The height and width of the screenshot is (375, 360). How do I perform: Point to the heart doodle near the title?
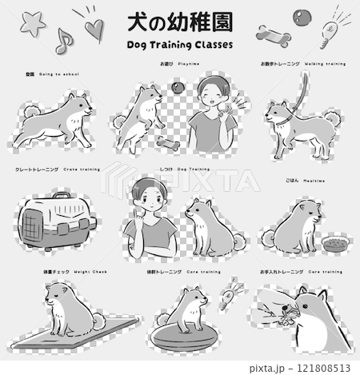pyautogui.click(x=94, y=30)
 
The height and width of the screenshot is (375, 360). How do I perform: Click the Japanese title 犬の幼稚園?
pyautogui.click(x=179, y=21)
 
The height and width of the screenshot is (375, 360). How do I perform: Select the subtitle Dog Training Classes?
pyautogui.click(x=179, y=45)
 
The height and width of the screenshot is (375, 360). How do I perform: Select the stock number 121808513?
pyautogui.click(x=320, y=365)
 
